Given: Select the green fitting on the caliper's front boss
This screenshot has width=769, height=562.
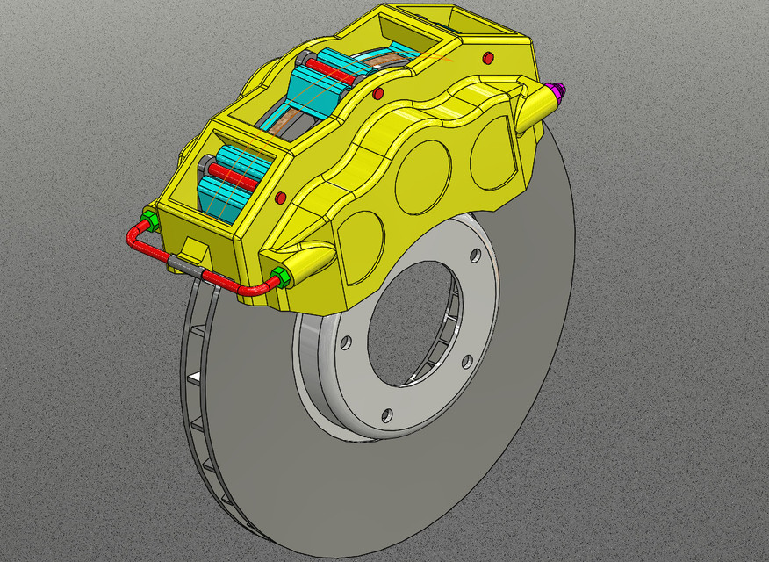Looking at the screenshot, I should pyautogui.click(x=280, y=278).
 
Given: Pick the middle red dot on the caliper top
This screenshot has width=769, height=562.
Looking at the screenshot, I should pyautogui.click(x=378, y=93).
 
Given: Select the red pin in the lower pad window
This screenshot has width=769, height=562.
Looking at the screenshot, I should pyautogui.click(x=234, y=177).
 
